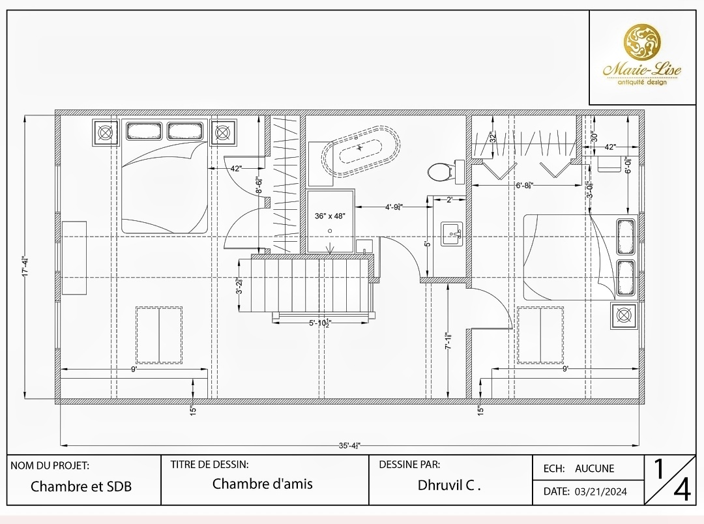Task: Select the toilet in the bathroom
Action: [439, 172]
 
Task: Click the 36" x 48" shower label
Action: [330, 216]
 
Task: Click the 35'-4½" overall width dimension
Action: [349, 446]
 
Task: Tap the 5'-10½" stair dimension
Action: [321, 322]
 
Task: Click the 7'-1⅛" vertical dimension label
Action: [447, 342]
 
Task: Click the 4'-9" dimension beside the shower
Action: [393, 207]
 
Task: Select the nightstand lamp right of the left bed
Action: [223, 133]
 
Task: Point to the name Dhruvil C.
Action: [449, 485]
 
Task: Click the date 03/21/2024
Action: [601, 491]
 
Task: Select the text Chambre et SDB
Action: [81, 486]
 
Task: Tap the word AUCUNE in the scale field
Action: [594, 468]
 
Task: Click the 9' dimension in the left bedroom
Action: [134, 369]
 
